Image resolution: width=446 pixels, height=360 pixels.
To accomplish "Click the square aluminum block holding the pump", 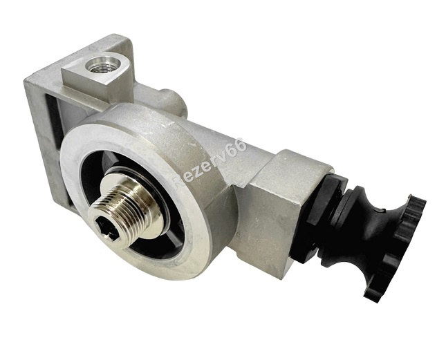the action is [281, 210].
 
